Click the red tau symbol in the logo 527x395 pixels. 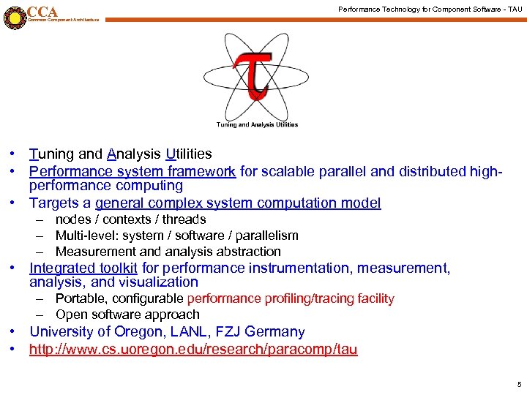[x=253, y=73]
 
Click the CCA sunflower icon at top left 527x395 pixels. [x=14, y=16]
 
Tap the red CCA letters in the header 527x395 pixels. [x=42, y=11]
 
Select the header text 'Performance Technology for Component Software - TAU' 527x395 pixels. [x=430, y=9]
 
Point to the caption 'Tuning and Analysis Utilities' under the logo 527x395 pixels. [x=257, y=124]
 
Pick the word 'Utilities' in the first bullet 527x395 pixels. [x=189, y=154]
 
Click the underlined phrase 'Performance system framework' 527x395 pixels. [x=132, y=171]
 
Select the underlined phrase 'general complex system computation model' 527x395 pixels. [x=238, y=203]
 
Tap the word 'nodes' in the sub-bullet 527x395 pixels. [x=73, y=219]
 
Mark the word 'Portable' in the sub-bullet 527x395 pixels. [x=81, y=298]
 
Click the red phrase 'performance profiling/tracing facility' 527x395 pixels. [x=291, y=298]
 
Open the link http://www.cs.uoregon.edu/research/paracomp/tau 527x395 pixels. [x=193, y=350]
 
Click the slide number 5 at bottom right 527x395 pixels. [x=519, y=385]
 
